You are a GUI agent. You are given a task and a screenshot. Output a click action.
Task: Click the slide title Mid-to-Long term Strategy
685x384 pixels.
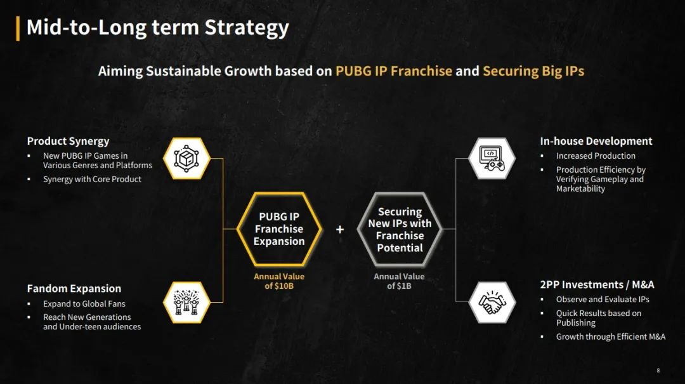pos(158,27)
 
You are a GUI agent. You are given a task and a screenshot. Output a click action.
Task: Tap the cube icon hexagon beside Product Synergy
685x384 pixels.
pos(186,158)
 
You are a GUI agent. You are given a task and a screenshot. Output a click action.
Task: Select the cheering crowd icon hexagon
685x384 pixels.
pos(186,303)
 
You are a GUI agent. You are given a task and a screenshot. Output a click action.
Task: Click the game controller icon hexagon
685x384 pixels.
pos(492,158)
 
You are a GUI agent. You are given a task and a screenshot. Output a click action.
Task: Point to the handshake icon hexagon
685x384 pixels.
pos(492,303)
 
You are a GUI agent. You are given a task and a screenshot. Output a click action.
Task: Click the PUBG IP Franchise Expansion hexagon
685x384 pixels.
pos(279,229)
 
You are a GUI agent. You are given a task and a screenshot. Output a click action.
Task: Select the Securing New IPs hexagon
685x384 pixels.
pos(400,229)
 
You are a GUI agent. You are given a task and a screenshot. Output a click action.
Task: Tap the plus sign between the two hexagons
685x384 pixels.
pos(340,229)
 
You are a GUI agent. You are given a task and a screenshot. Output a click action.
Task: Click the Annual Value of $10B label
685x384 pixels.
pos(279,281)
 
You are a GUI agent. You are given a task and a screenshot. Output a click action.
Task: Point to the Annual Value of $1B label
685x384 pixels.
pos(399,281)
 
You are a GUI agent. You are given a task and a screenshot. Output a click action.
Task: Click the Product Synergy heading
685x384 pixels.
pos(68,142)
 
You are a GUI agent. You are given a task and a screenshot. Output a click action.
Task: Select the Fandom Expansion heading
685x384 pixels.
pos(74,289)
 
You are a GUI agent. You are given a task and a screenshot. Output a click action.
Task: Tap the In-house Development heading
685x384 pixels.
pos(596,142)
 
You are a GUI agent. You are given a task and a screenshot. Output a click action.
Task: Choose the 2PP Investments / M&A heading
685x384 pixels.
pos(597,285)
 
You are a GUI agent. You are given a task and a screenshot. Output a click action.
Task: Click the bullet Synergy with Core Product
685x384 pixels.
pos(92,180)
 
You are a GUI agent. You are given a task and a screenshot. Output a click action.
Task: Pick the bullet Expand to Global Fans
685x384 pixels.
pos(84,303)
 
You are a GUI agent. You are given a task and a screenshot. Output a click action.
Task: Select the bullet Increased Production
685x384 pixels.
pos(596,156)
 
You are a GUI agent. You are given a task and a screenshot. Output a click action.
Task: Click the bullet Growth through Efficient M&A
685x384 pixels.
pos(611,337)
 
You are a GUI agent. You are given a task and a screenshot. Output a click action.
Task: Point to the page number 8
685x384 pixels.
pos(658,371)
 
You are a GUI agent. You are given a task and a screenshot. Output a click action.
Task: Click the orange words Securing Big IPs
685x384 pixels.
pos(533,71)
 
